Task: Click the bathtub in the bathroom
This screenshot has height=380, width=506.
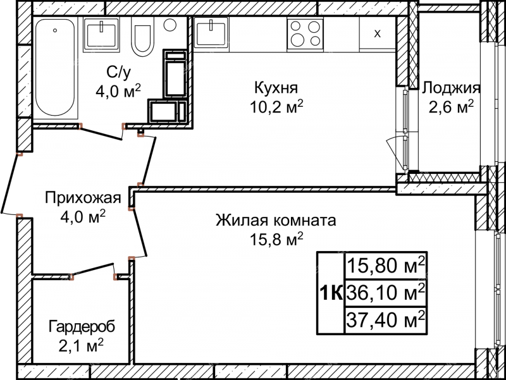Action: click(x=55, y=68)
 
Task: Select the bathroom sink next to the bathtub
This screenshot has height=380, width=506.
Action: click(x=101, y=34)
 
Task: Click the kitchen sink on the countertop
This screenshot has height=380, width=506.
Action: click(x=211, y=33)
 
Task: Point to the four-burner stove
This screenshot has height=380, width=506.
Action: click(x=305, y=34)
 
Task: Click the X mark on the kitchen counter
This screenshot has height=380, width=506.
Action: click(x=377, y=34)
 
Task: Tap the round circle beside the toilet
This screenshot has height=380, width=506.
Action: click(x=170, y=25)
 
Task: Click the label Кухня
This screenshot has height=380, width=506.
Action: click(x=276, y=87)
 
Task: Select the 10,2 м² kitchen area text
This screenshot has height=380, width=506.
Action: click(x=277, y=107)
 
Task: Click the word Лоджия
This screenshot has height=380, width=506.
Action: click(x=451, y=88)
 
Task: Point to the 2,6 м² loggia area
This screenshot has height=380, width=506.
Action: click(x=451, y=107)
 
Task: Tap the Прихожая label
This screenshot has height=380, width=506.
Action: click(x=83, y=197)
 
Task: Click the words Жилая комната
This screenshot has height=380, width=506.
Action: click(x=276, y=220)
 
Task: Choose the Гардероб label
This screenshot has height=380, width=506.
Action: click(x=82, y=327)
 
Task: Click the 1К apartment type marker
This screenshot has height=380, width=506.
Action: click(x=331, y=293)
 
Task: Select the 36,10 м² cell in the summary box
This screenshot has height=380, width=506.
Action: click(x=386, y=292)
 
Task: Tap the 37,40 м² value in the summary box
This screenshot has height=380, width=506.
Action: click(x=386, y=319)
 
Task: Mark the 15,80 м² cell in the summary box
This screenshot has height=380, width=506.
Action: click(x=386, y=266)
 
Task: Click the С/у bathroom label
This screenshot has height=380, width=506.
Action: click(x=119, y=72)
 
